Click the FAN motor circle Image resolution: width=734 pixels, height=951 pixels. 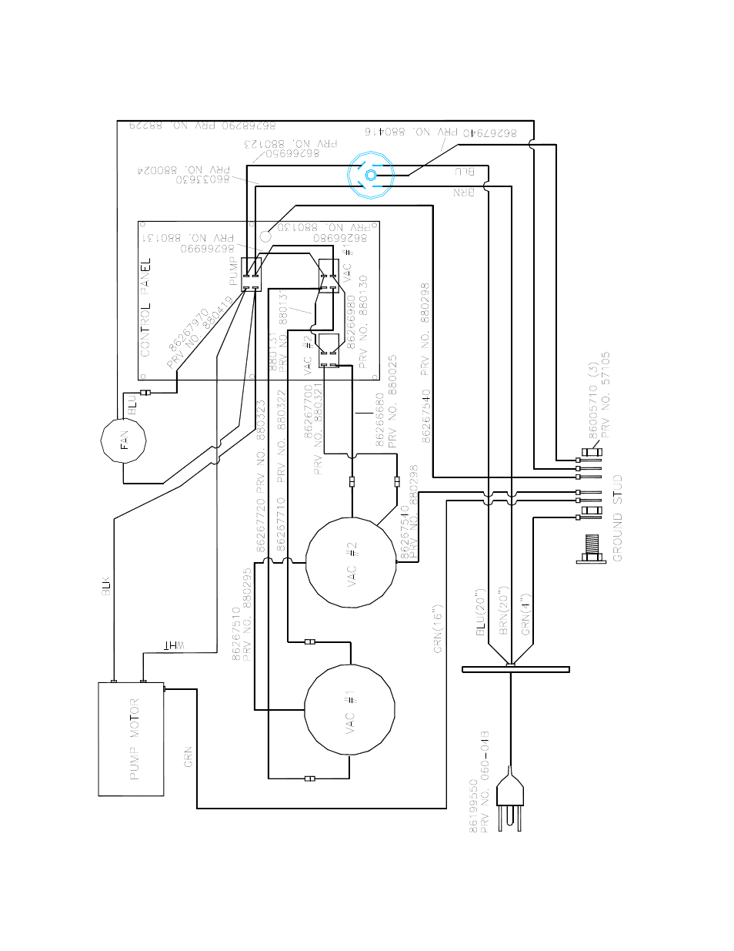[x=124, y=440]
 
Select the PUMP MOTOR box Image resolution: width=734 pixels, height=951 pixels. [x=131, y=738]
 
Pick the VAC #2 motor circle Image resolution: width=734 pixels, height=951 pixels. [x=351, y=563]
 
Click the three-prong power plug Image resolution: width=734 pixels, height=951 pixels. [x=510, y=800]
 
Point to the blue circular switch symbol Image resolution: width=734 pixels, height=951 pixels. [x=370, y=176]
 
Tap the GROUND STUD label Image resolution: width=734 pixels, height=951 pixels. [x=617, y=518]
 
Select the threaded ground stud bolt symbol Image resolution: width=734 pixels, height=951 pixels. [x=590, y=548]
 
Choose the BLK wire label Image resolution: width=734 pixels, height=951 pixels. [x=106, y=585]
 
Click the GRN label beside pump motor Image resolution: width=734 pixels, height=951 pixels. [x=188, y=757]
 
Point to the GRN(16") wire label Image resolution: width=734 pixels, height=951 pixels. [x=437, y=628]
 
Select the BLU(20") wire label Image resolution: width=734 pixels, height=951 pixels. [x=481, y=613]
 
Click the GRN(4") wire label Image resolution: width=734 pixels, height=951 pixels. [x=526, y=614]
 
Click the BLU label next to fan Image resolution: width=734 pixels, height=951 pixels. [x=132, y=404]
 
